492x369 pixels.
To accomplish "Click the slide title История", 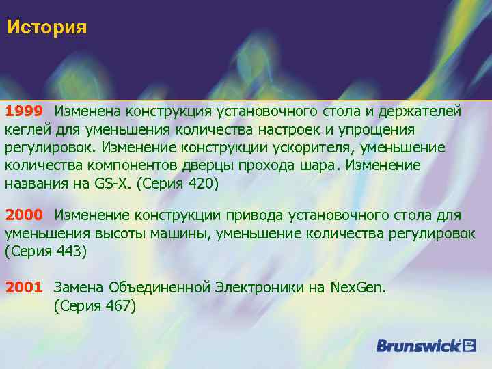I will coord(47,28).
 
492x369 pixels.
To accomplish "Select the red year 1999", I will coord(25,110).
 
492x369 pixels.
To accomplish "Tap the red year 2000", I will coord(25,215).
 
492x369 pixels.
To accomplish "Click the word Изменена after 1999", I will coord(87,110).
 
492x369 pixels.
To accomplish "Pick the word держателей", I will coord(424,110).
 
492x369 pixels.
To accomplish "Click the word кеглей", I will coord(25,129).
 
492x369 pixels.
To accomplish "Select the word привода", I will coord(260,215).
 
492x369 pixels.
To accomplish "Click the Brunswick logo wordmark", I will coord(418,345).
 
